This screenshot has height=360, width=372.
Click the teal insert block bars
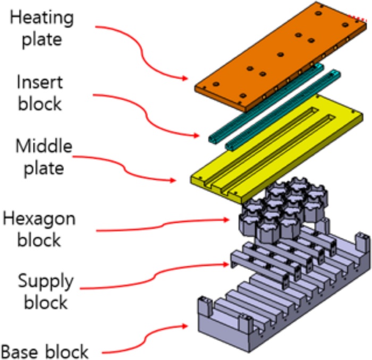coord(266,106)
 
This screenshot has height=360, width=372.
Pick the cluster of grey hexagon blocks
coord(282,207)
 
